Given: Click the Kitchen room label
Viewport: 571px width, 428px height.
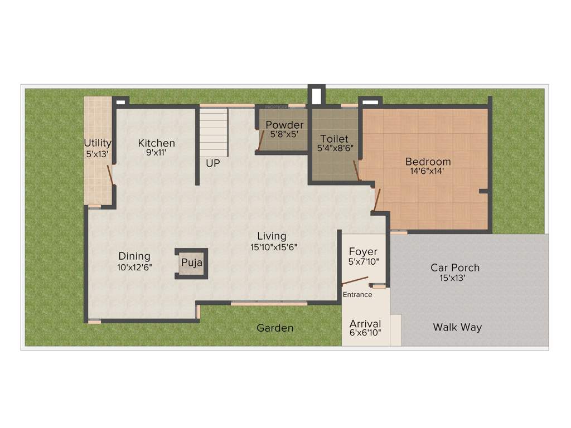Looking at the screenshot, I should tap(157, 143).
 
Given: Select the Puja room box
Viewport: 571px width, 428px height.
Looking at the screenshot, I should tap(191, 263).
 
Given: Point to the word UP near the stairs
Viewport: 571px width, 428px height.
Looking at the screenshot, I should tap(212, 164).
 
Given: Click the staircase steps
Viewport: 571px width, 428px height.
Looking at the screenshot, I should tap(214, 133).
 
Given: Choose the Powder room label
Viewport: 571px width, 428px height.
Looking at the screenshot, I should tap(284, 125).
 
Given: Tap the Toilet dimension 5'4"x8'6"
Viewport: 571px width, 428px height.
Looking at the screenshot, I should tap(334, 149).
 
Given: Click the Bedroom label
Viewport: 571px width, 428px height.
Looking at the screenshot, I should tap(428, 162).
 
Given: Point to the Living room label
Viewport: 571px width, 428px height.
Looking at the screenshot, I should tap(272, 236).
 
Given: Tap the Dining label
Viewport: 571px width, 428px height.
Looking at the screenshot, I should tap(134, 256).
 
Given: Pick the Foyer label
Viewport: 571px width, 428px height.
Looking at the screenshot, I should tap(363, 252).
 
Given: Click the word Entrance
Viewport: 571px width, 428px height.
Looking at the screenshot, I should tap(357, 294).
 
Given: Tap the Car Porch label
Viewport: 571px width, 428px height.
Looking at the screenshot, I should tap(454, 267).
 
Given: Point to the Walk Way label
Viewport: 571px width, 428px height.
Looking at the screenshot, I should tap(457, 327).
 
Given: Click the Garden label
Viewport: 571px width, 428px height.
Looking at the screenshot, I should tap(275, 328).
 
